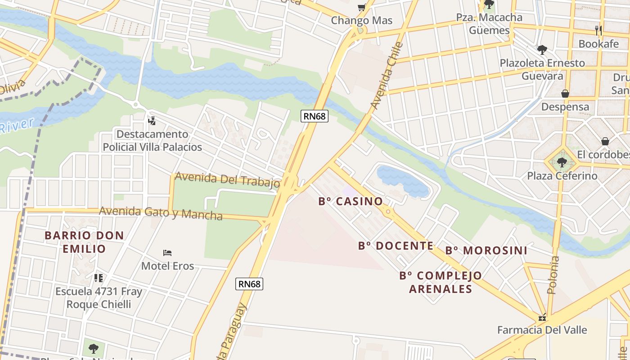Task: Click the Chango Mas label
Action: click(361, 21)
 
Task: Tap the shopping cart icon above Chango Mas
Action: click(361, 7)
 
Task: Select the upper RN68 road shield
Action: click(314, 116)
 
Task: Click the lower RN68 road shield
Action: click(249, 284)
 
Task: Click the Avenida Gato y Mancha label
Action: click(161, 213)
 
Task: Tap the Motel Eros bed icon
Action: click(167, 252)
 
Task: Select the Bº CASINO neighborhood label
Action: click(351, 202)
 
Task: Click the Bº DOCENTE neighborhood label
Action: click(396, 246)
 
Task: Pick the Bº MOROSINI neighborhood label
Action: click(486, 251)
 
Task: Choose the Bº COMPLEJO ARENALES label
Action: click(441, 282)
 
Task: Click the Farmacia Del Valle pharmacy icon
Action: click(542, 318)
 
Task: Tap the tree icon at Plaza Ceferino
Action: click(562, 162)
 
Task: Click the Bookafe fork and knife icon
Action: click(598, 30)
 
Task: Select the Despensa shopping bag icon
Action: click(565, 94)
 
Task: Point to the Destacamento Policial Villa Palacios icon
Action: click(152, 121)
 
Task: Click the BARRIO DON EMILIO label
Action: click(84, 242)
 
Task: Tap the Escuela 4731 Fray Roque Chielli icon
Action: click(99, 278)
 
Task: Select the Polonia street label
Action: click(553, 275)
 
